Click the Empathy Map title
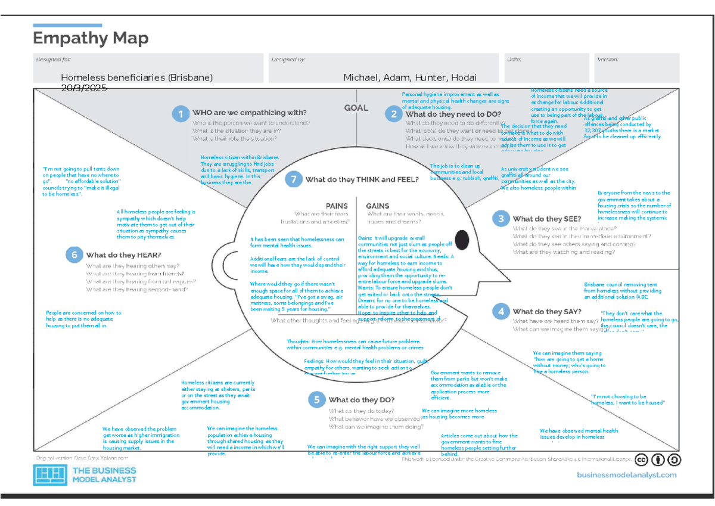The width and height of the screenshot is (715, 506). [x=91, y=39]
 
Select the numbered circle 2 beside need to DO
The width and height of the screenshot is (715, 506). [x=393, y=114]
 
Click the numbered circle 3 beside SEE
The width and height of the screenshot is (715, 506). [x=500, y=219]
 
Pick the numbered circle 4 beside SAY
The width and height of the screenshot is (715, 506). [x=500, y=311]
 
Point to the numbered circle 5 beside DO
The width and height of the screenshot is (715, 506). [x=316, y=400]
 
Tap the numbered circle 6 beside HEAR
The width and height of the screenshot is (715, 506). [x=74, y=255]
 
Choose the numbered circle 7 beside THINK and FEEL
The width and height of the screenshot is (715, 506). [x=291, y=179]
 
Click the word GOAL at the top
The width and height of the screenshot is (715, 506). [x=356, y=108]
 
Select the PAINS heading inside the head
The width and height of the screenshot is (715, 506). [x=337, y=206]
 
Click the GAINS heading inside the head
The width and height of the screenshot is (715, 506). [x=378, y=206]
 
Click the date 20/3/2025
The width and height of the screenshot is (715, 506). [x=83, y=88]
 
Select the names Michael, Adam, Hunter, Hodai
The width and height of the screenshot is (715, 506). [x=410, y=77]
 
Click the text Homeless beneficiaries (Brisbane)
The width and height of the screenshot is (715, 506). [x=136, y=77]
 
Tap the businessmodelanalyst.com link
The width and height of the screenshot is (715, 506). [x=627, y=474]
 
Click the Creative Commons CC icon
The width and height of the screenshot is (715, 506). [x=641, y=460]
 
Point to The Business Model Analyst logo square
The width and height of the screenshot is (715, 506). [x=49, y=475]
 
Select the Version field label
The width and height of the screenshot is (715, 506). [x=607, y=60]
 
